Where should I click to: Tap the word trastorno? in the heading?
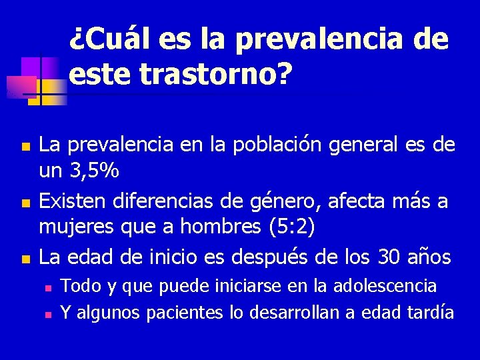(x=216, y=75)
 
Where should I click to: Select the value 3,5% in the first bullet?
(x=94, y=171)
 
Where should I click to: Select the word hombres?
(x=203, y=227)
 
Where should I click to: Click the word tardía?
(x=428, y=311)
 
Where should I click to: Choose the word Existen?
(x=70, y=200)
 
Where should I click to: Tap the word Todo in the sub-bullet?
(x=80, y=286)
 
